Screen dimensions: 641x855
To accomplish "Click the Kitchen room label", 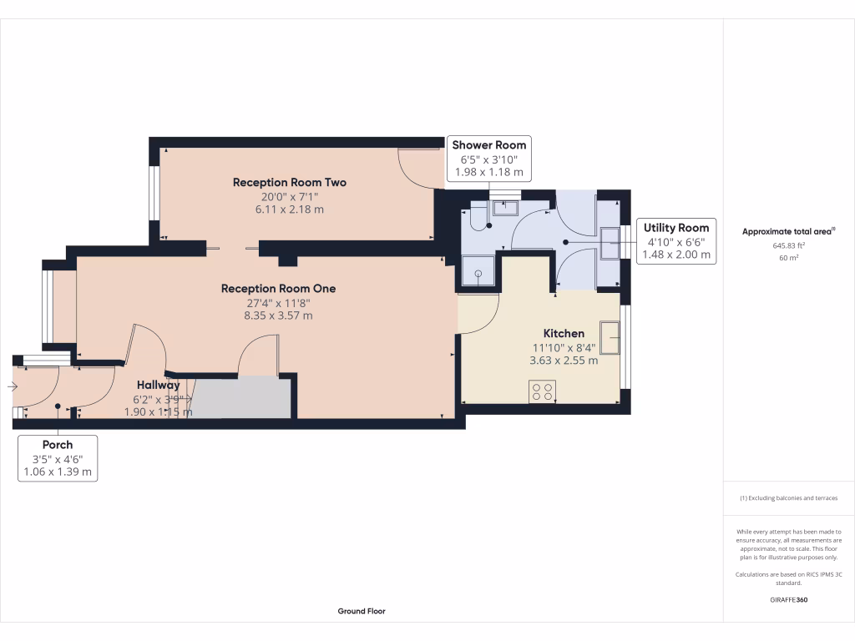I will point(564,333).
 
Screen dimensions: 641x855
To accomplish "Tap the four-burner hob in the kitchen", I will point(542,391).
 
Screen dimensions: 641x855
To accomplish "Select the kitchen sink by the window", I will point(610,337).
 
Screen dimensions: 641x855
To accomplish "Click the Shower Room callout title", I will point(489,145).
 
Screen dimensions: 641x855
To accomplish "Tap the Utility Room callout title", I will point(675,228).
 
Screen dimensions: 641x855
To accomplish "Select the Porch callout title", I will point(58,445).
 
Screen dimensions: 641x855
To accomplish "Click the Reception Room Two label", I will point(289,182).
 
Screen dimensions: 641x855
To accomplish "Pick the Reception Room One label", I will point(278,288).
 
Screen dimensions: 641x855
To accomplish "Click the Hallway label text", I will point(159,385).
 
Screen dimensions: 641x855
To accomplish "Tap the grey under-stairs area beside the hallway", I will point(242,398).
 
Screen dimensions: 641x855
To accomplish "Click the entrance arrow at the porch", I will point(11,386).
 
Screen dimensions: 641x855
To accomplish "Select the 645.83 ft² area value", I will point(789,246).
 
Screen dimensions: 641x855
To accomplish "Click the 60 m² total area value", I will point(789,258).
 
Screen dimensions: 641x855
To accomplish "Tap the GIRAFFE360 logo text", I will point(788,600).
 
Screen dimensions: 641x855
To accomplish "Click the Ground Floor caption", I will point(362,611).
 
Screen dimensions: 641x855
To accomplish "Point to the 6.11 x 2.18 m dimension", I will point(289,209).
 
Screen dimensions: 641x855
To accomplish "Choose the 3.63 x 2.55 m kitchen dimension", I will point(564,361).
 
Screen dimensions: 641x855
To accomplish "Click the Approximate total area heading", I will point(788,232).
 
